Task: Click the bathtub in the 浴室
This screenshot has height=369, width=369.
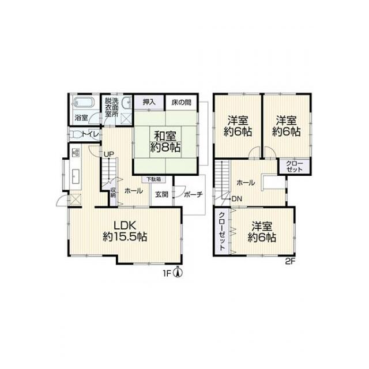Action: click(83, 103)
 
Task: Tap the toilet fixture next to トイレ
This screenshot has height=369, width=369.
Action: click(76, 134)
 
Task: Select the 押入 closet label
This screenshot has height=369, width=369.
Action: click(149, 102)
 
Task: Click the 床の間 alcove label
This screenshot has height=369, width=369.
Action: click(181, 103)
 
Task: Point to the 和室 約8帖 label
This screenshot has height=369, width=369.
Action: click(165, 142)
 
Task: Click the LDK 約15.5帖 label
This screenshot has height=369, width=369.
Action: click(125, 231)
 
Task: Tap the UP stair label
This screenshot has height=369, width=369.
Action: click(109, 155)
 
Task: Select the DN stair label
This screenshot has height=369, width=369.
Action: click(237, 199)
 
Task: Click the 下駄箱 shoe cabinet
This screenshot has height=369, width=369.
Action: click(154, 179)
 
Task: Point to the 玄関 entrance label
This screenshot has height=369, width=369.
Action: click(161, 194)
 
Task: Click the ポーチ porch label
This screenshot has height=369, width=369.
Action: click(193, 194)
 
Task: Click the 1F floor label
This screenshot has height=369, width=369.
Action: click(167, 273)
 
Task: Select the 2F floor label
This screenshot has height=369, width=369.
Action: click(290, 261)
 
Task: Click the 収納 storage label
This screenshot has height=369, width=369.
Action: click(113, 192)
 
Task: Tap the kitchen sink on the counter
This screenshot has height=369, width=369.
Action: click(76, 176)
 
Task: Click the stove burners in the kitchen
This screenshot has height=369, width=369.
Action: click(76, 153)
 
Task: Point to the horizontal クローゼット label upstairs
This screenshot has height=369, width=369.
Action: click(295, 166)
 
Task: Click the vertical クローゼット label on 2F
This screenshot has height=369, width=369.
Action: click(222, 231)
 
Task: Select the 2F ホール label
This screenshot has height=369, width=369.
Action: click(246, 183)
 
